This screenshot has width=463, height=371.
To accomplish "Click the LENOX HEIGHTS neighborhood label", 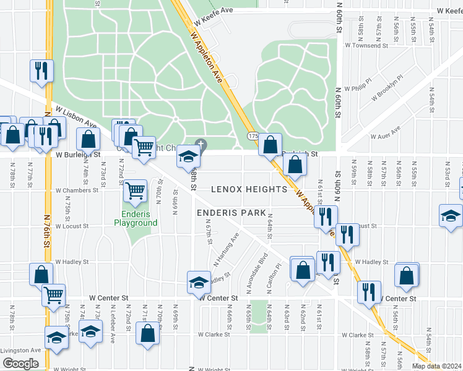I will (250, 189).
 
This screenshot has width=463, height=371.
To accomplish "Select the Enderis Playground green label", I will (136, 218).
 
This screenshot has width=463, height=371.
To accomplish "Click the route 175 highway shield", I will (252, 135).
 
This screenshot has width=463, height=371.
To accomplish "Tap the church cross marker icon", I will (201, 145).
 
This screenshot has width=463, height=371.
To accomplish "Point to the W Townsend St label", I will (366, 46).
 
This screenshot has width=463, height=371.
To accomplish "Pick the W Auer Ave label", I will (385, 133).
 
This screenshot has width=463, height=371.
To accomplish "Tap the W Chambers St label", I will (77, 190).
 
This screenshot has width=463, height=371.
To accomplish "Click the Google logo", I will (20, 364).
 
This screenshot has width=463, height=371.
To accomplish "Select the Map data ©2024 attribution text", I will (436, 366).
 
